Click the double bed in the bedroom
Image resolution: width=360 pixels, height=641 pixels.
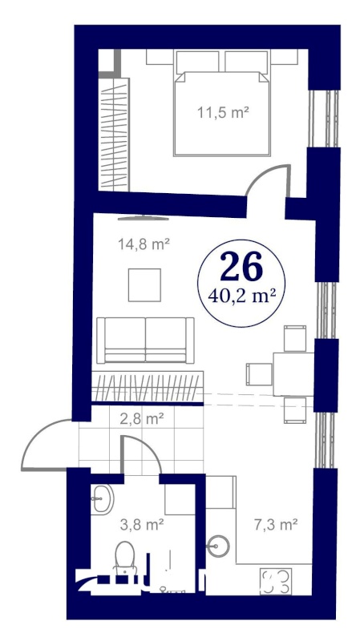coord(222,104)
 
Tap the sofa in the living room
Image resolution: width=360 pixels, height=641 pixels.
coord(144,341)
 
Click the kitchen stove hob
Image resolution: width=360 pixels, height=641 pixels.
coord(277,583)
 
